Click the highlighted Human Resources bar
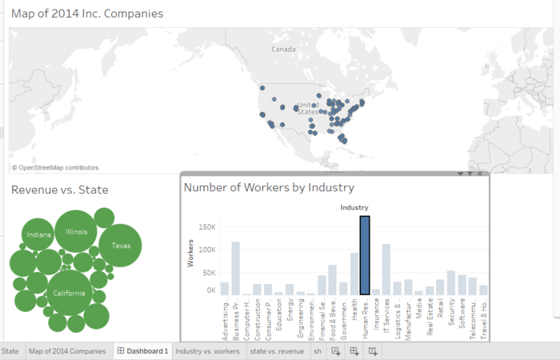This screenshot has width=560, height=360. pyautogui.click(x=365, y=256)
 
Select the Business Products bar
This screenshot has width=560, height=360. pyautogui.click(x=236, y=269)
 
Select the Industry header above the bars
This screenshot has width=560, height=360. pyautogui.click(x=354, y=208)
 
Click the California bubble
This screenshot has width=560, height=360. pyautogui.click(x=69, y=294)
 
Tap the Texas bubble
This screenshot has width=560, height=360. pyautogui.click(x=121, y=246)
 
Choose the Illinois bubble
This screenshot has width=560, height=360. pyautogui.click(x=77, y=232)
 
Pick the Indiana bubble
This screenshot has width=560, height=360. pyautogui.click(x=38, y=235)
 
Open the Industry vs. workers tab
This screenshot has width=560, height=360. pyautogui.click(x=207, y=351)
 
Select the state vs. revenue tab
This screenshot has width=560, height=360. pyautogui.click(x=277, y=351)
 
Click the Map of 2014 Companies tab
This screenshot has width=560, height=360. pyautogui.click(x=67, y=351)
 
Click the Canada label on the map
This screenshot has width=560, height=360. pyautogui.click(x=283, y=50)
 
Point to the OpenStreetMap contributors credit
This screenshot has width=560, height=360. pyautogui.click(x=55, y=168)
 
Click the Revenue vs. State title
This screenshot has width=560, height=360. pyautogui.click(x=60, y=190)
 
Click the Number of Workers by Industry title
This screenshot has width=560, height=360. pyautogui.click(x=269, y=187)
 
